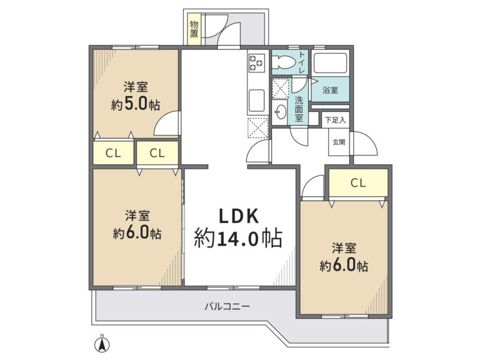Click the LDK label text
tap(239, 216)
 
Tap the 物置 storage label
tap(194, 29)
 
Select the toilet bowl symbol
tap(284, 62)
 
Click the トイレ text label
tap(302, 62)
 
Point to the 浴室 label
tap(330, 90)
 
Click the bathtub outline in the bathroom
tap(330, 63)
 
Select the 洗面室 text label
tap(299, 109)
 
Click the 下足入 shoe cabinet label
tap(335, 120)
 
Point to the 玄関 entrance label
tap(339, 142)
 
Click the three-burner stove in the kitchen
tap(256, 62)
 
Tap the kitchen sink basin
tap(256, 101)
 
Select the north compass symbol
tap(102, 344)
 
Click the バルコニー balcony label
tap(227, 306)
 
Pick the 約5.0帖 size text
tap(135, 105)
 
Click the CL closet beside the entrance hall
tap(358, 182)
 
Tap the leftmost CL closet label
tap(113, 153)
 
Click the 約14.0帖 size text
tap(238, 238)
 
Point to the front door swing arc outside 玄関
tap(369, 139)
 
